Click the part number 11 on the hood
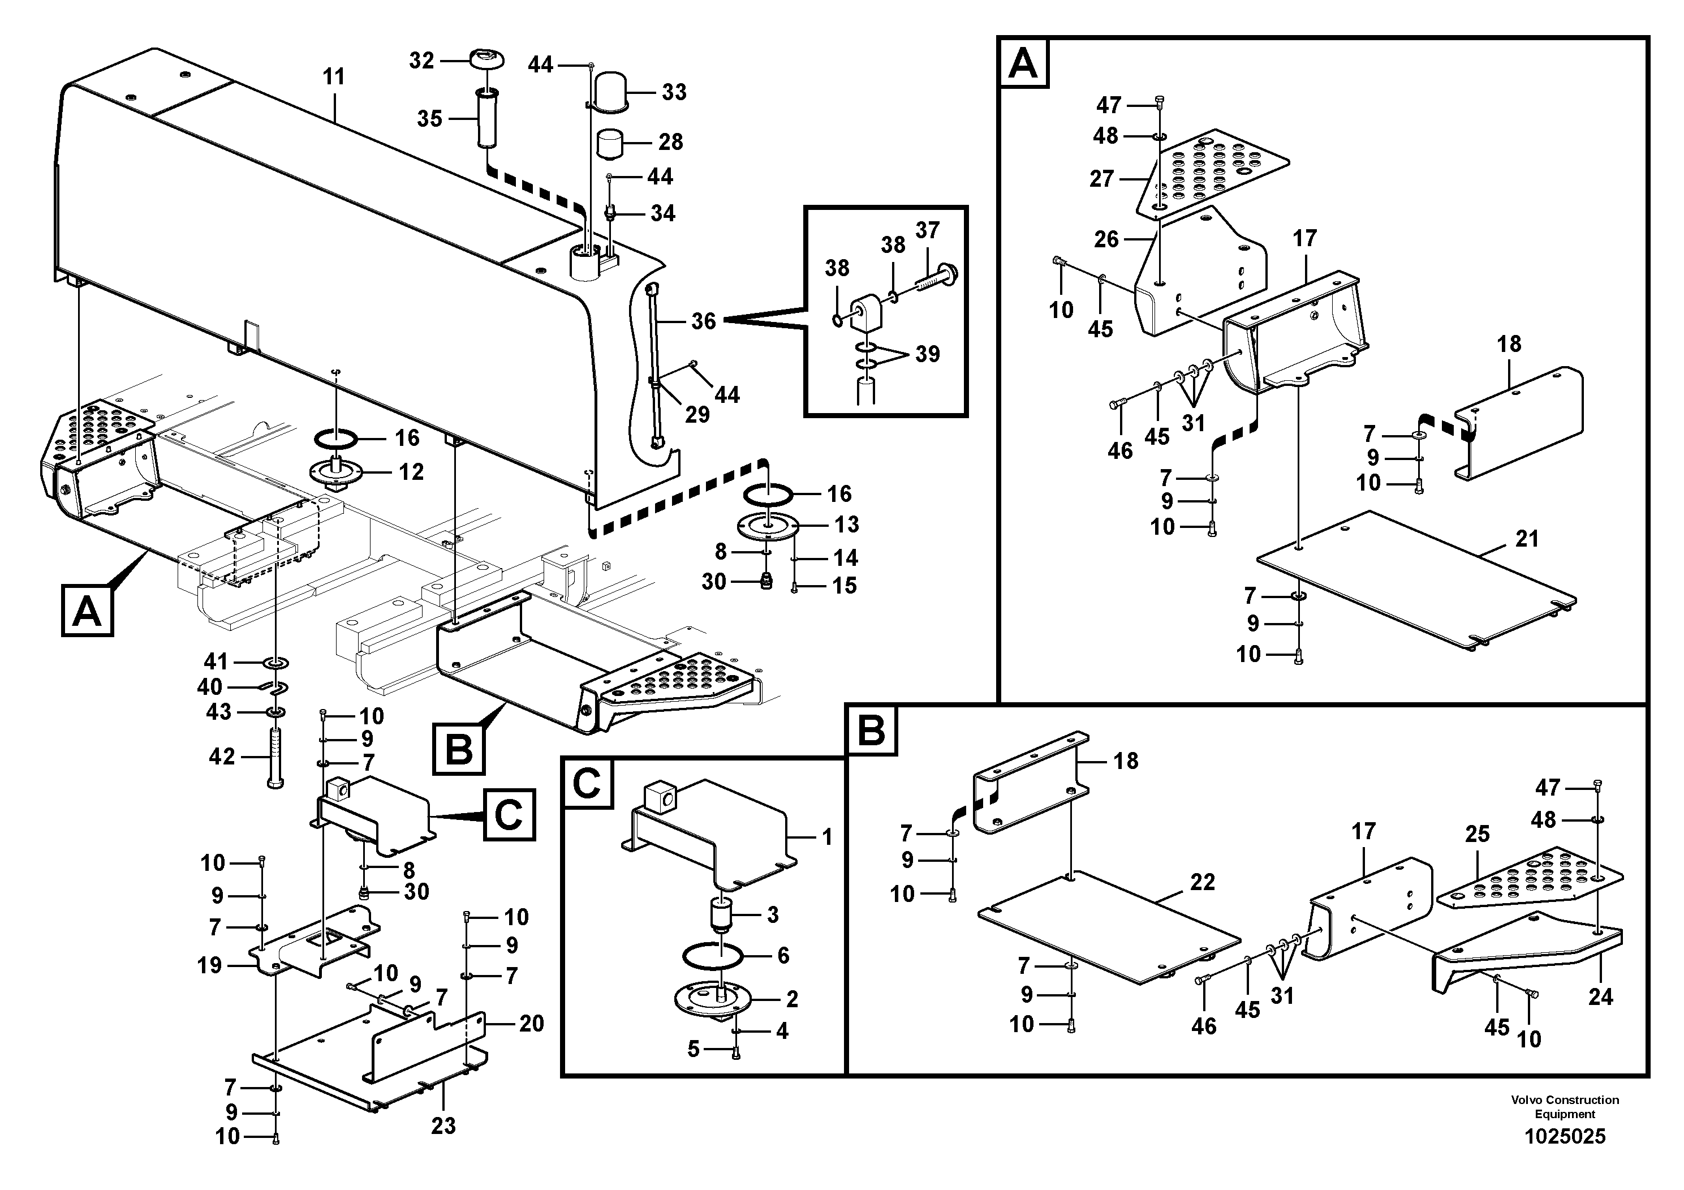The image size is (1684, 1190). [x=334, y=77]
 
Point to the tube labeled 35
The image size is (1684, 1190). [x=485, y=119]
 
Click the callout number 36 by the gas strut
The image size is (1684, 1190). [x=703, y=321]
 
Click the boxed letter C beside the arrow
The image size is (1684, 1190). [x=509, y=815]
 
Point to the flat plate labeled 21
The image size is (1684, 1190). [x=1415, y=587]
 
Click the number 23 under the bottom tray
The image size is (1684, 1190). [x=443, y=1125]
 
